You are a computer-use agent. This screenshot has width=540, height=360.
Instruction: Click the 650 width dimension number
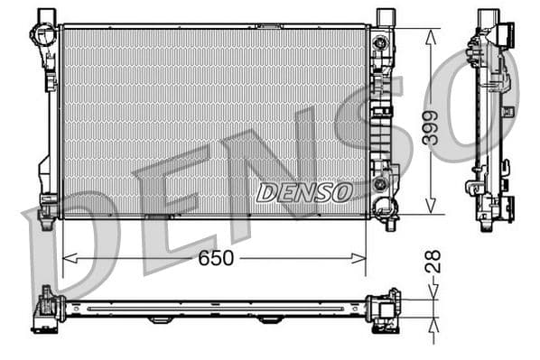[215, 258]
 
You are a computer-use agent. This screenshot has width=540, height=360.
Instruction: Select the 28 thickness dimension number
[433, 261]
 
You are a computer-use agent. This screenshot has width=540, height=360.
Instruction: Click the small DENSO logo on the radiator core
[303, 192]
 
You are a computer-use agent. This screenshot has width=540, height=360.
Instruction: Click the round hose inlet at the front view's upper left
[42, 36]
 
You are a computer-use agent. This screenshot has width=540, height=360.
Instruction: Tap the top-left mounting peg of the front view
[46, 15]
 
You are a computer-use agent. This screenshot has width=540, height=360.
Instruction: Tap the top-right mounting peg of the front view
[385, 15]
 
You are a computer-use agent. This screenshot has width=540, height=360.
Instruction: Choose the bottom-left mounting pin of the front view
[47, 212]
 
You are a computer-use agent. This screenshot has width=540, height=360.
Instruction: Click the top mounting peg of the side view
[488, 16]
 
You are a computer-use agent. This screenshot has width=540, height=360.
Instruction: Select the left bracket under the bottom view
[160, 320]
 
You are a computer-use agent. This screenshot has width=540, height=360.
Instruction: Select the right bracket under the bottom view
[268, 320]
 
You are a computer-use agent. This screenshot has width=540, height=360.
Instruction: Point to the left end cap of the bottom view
[46, 311]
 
